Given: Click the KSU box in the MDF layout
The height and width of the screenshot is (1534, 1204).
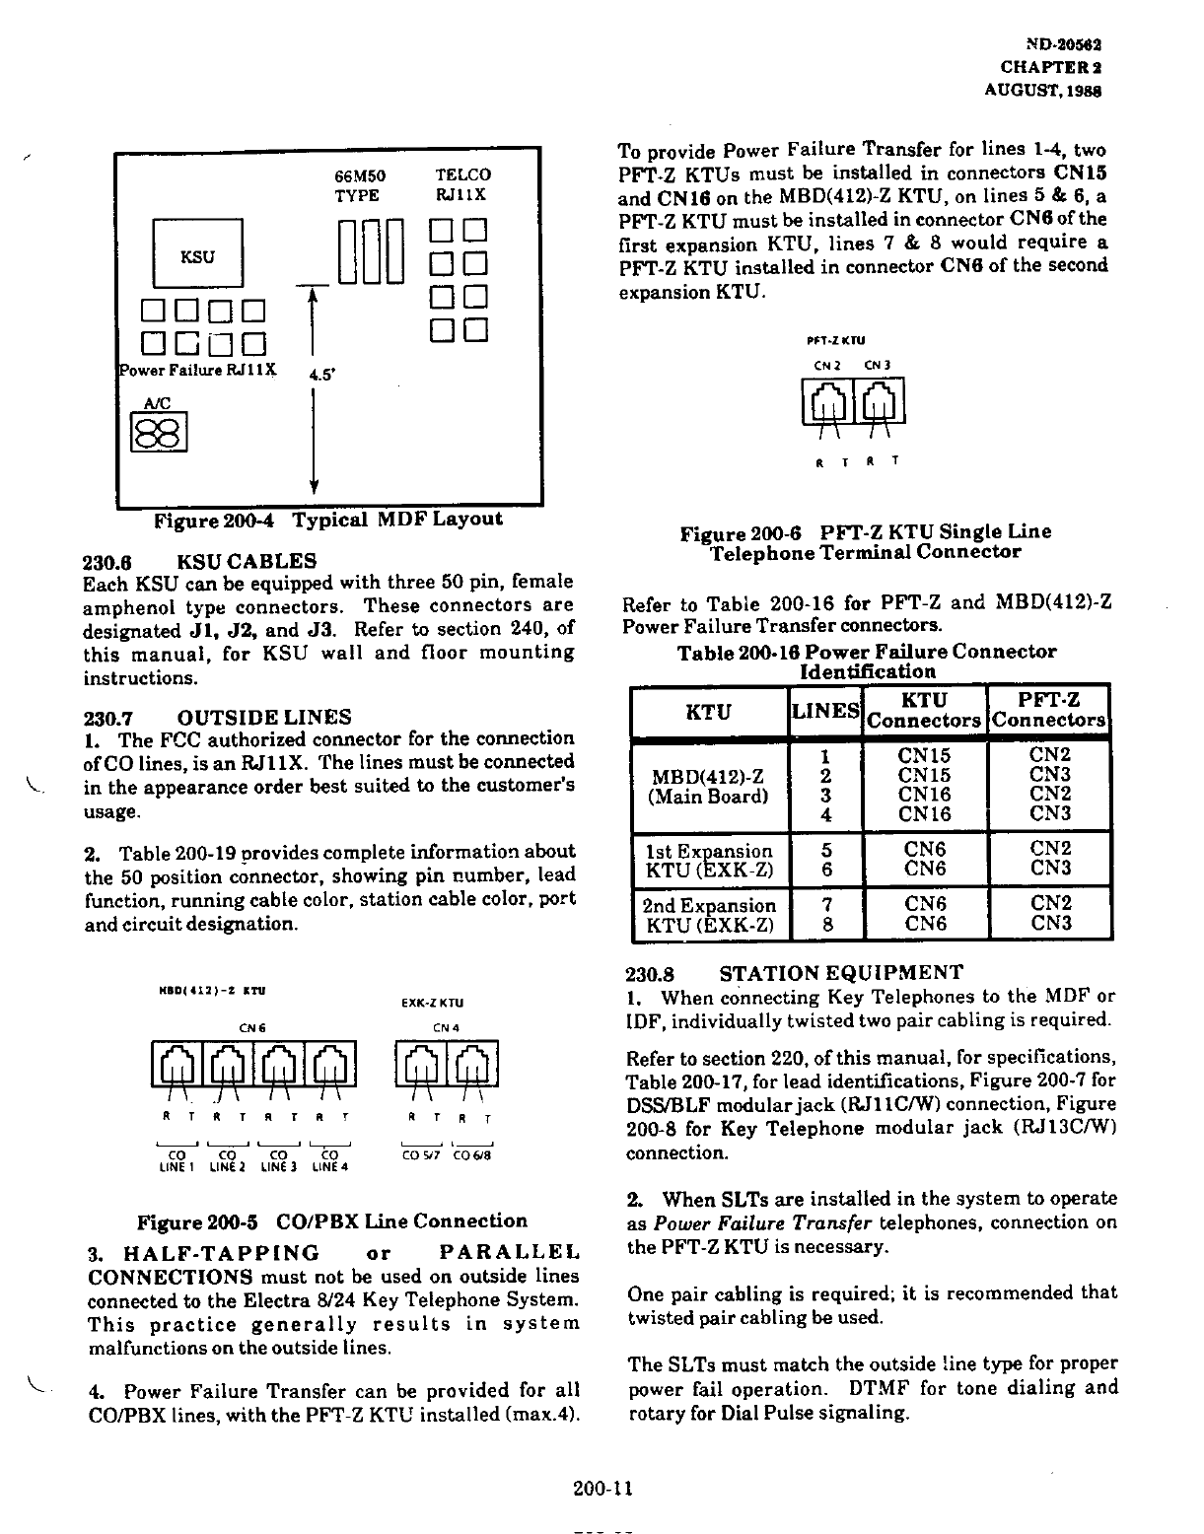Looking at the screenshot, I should coord(197,255).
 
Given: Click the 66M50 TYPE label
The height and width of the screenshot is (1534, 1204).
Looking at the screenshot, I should coord(359,185).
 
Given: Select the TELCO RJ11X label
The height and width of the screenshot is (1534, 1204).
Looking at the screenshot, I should coord(461,185).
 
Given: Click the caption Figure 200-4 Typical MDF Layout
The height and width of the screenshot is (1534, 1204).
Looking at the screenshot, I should coord(327,520).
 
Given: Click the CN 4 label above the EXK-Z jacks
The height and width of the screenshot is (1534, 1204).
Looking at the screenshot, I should coord(441,1028).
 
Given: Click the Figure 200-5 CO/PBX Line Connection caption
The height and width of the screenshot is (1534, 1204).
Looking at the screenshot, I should coord(332,1221).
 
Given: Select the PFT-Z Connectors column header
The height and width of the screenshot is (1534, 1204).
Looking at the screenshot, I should coord(1048,711).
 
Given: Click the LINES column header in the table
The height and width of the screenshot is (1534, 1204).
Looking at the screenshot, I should coord(825,711).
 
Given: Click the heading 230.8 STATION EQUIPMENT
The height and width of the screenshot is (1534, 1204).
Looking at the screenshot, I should coord(795,974).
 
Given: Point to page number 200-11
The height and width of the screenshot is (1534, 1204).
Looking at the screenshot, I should coord(601,1489).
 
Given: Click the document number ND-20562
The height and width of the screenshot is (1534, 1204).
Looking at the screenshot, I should coord(1064,45).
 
